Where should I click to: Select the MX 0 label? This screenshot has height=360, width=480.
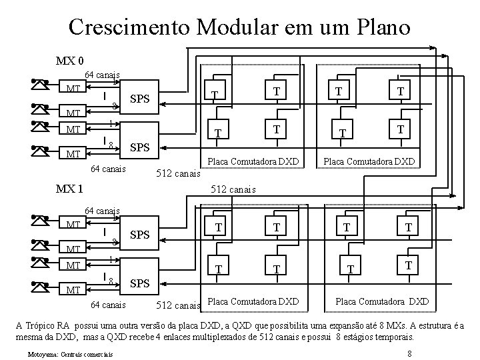(69, 61)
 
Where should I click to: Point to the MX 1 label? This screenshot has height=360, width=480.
(69, 189)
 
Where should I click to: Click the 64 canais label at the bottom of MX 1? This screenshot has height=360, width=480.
(107, 305)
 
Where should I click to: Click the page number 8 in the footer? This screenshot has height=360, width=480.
(409, 353)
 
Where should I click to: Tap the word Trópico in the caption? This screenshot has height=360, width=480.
(42, 325)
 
